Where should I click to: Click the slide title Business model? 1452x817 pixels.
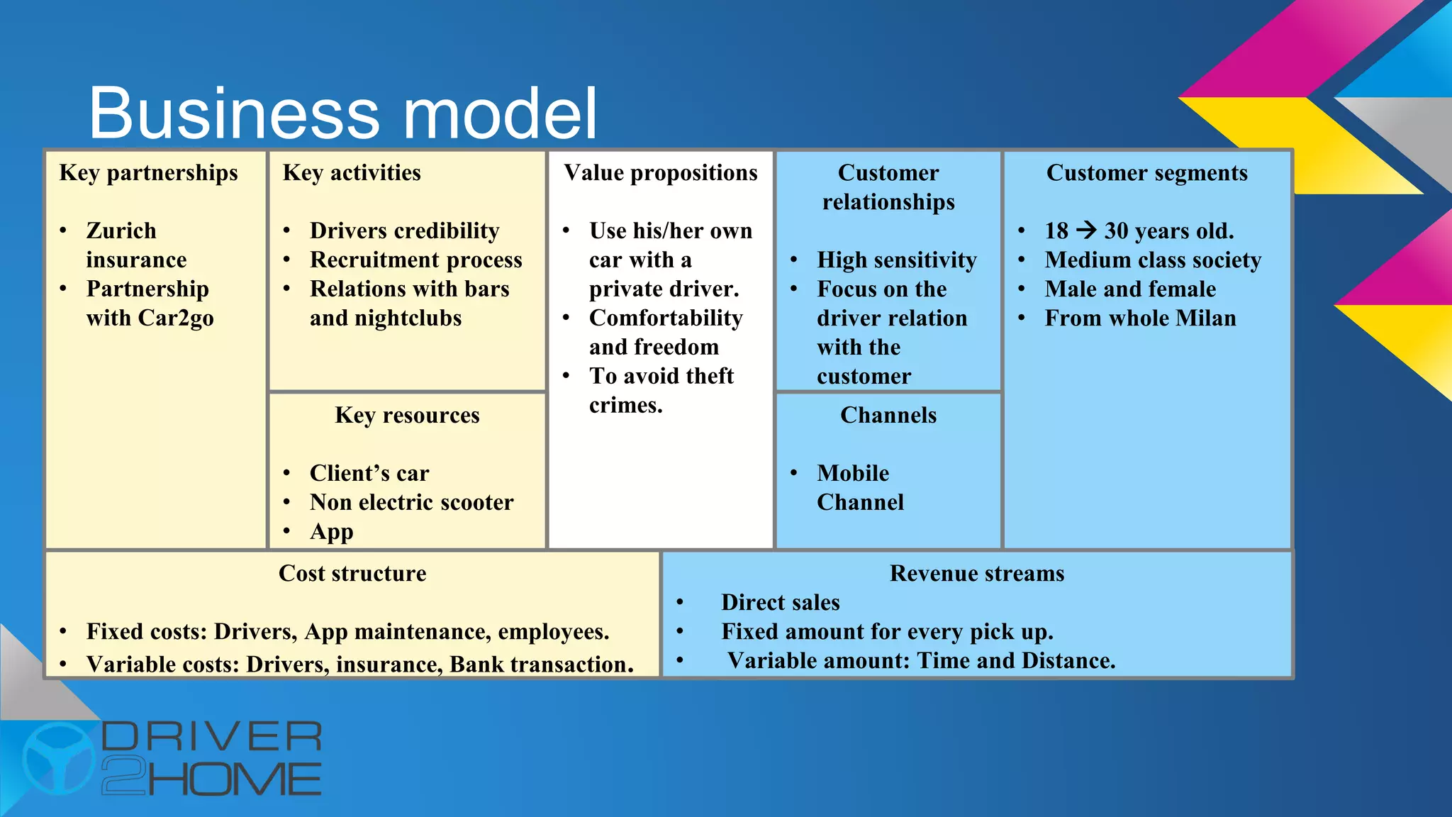coord(342,113)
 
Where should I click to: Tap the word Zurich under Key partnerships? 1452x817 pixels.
coord(121,231)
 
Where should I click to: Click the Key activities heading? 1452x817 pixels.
coord(352,173)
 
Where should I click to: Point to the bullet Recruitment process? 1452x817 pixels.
coord(415,260)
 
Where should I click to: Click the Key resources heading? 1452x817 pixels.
coord(407,416)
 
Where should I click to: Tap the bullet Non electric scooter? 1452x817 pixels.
coord(411,503)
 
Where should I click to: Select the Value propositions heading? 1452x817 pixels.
coord(660,173)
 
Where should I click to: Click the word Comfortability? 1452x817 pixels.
coord(666,318)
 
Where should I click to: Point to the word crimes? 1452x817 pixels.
coord(625,406)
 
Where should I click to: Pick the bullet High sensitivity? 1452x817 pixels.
coord(896,260)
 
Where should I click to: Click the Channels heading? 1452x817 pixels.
coord(888,416)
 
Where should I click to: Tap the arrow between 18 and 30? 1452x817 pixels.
coord(1085,230)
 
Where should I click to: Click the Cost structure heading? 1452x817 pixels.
coord(352,574)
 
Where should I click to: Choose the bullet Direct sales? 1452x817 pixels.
coord(780,603)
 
